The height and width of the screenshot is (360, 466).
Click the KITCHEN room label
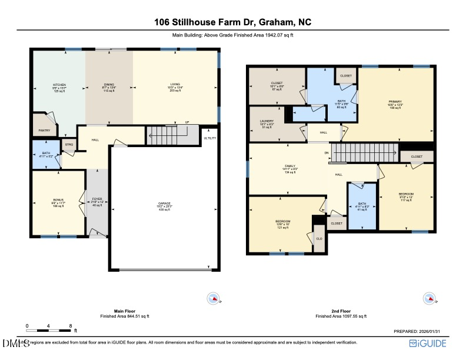pyautogui.click(x=59, y=85)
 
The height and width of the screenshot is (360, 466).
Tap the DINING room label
pyautogui.click(x=109, y=85)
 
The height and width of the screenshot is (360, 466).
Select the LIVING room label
pyautogui.click(x=176, y=85)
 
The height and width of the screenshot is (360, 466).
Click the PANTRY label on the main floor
pyautogui.click(x=45, y=130)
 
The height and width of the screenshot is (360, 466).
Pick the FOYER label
pyautogui.click(x=98, y=199)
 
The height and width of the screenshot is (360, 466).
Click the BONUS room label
pyautogui.click(x=58, y=200)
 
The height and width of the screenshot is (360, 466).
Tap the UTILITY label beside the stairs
pyautogui.click(x=210, y=138)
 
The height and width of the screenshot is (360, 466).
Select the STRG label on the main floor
pyautogui.click(x=69, y=144)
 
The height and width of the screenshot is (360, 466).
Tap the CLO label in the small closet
pyautogui.click(x=319, y=238)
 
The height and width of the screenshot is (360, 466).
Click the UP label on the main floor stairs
pyautogui.click(x=187, y=123)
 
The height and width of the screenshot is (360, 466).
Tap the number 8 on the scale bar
pyautogui.click(x=70, y=325)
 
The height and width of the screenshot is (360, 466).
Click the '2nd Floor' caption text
pyautogui.click(x=341, y=310)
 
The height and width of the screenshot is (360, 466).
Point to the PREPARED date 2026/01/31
pyautogui.click(x=424, y=331)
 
